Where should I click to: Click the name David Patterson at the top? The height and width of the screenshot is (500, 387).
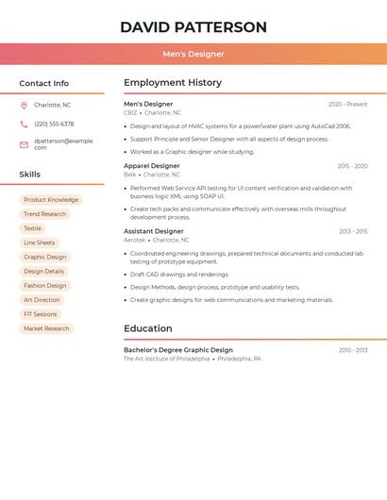(x=193, y=27)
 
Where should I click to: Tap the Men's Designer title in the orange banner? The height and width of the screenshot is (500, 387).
(x=193, y=55)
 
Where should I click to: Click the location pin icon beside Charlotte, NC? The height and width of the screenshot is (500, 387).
(x=24, y=105)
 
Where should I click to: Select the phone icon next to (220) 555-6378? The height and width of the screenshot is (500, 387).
(x=24, y=124)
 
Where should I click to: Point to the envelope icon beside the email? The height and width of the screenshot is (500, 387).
(x=24, y=144)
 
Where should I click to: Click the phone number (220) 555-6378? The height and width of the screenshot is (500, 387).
(x=54, y=124)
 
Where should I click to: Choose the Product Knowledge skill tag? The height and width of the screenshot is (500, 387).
(x=51, y=200)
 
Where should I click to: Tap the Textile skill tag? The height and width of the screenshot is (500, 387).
(x=32, y=228)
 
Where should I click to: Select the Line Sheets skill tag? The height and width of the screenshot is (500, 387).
(x=39, y=242)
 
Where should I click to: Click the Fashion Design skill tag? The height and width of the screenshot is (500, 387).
(x=45, y=286)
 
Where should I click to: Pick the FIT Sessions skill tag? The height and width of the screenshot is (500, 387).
(x=41, y=314)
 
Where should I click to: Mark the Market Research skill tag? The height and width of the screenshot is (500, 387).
(x=46, y=328)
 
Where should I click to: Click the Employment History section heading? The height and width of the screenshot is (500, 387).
(x=173, y=83)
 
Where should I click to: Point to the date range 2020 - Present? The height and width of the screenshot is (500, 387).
(x=347, y=105)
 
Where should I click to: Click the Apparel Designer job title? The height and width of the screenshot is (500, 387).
(x=151, y=166)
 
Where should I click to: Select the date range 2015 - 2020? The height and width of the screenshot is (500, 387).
(x=352, y=166)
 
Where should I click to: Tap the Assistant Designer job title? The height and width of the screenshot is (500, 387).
(x=153, y=231)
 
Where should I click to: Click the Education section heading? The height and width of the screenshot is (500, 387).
(x=148, y=329)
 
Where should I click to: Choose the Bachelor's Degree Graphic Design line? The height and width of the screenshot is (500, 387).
(x=178, y=350)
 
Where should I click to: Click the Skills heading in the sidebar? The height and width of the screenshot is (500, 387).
(x=30, y=175)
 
